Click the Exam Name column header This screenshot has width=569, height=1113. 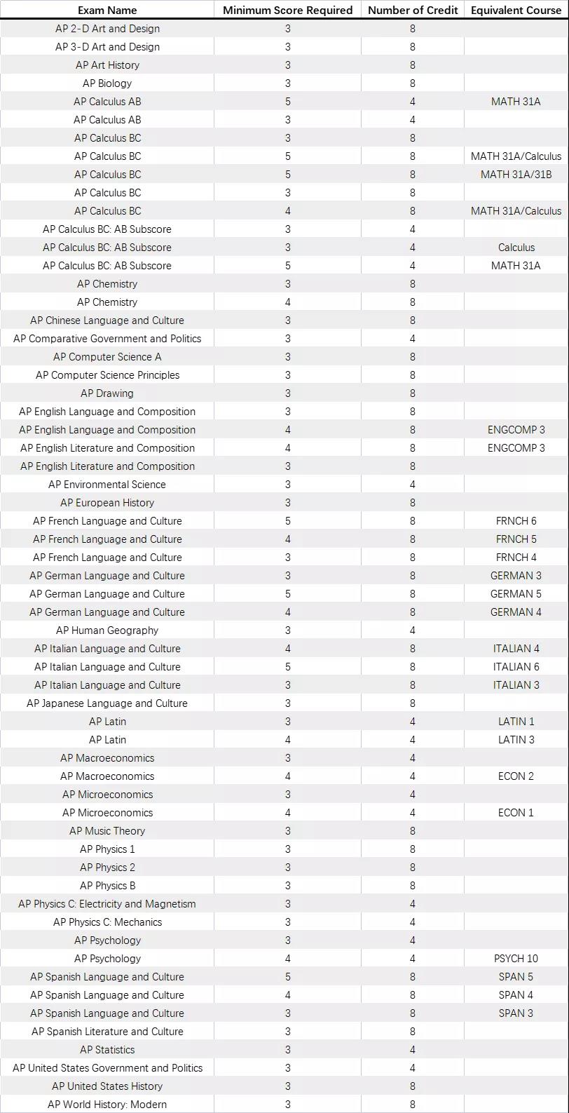(107, 10)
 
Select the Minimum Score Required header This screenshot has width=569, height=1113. (287, 10)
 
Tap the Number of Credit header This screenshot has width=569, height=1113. (412, 10)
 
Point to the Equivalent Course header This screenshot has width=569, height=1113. (516, 10)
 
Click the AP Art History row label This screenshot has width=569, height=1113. (107, 65)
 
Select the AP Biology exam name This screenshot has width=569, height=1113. (107, 83)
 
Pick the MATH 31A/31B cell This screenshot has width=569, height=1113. (516, 175)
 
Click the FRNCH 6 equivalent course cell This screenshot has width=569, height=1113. (516, 521)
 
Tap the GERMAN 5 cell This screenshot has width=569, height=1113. (516, 594)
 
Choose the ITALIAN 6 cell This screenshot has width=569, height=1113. (516, 667)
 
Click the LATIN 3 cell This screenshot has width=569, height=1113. (516, 740)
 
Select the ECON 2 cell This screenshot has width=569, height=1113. (516, 776)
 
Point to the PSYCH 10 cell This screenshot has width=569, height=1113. (516, 959)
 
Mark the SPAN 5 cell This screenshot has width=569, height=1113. (516, 977)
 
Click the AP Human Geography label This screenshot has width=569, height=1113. (107, 630)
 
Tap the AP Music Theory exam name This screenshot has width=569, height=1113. (107, 831)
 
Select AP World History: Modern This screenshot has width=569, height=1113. (107, 1105)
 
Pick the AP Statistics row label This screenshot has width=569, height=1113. (107, 1050)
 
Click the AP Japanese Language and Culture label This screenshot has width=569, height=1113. (107, 703)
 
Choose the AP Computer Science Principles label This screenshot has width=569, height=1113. (107, 375)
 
